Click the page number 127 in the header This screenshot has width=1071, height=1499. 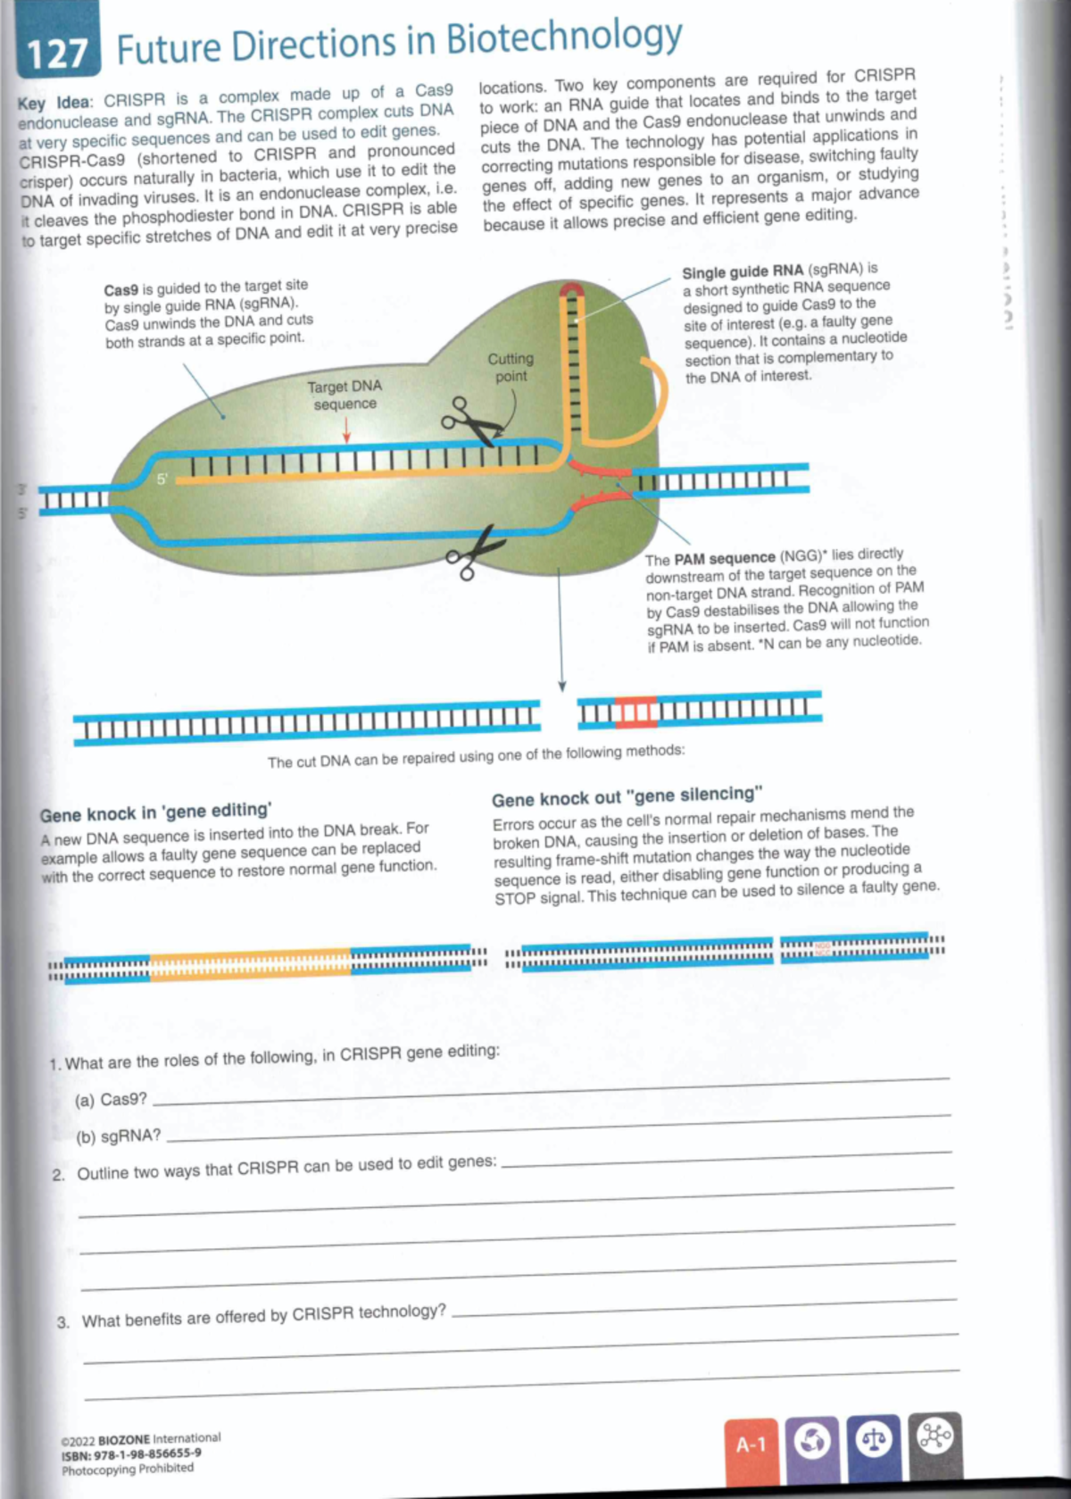tap(55, 54)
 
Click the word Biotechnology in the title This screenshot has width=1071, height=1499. tap(563, 38)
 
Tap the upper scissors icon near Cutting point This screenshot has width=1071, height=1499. tap(469, 421)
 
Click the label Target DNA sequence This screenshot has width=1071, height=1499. tap(345, 395)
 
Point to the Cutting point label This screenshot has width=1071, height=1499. tap(511, 367)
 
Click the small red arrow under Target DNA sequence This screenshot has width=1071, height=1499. tap(346, 432)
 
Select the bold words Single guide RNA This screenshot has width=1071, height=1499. tap(743, 271)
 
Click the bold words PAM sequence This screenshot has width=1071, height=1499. tap(724, 558)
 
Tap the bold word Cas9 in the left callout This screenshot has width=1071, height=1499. tap(120, 289)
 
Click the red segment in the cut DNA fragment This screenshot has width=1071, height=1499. tap(636, 711)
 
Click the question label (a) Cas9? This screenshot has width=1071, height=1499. tap(111, 1100)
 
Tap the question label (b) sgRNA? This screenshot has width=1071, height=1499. tap(118, 1137)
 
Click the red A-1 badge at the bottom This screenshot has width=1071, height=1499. tap(751, 1445)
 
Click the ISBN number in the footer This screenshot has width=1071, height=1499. tap(130, 1453)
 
